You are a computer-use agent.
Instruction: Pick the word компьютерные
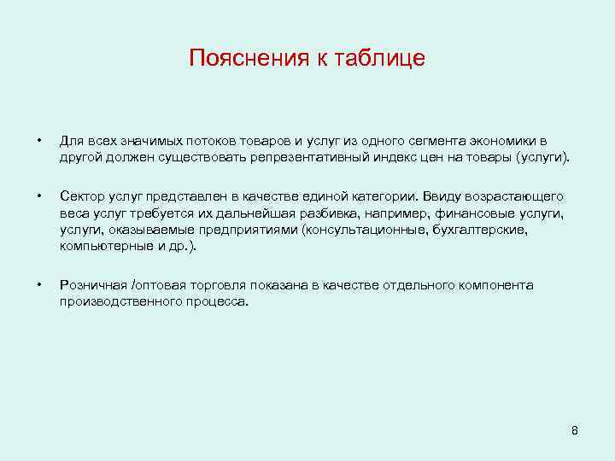pos(100,247)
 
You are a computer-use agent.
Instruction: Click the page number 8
pos(575,431)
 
